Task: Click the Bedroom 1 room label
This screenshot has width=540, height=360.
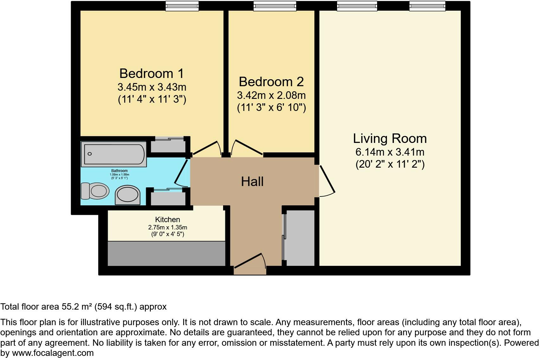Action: pyautogui.click(x=151, y=74)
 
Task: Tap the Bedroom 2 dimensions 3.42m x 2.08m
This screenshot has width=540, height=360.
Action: pyautogui.click(x=271, y=95)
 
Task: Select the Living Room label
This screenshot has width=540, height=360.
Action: pyautogui.click(x=390, y=138)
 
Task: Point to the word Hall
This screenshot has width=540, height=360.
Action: pyautogui.click(x=252, y=182)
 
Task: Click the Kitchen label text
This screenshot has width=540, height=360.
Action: pyautogui.click(x=167, y=220)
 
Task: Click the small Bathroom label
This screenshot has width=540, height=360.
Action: pyautogui.click(x=119, y=171)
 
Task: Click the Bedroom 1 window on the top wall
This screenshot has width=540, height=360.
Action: pyautogui.click(x=182, y=6)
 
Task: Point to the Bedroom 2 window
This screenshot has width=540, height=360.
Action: pyautogui.click(x=275, y=6)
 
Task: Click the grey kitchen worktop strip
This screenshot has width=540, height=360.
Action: pyautogui.click(x=166, y=254)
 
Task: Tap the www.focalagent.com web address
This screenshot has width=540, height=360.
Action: pyautogui.click(x=53, y=353)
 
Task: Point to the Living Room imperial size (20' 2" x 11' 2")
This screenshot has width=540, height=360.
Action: pyautogui.click(x=390, y=164)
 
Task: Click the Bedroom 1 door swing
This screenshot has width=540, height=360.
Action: pyautogui.click(x=208, y=148)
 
